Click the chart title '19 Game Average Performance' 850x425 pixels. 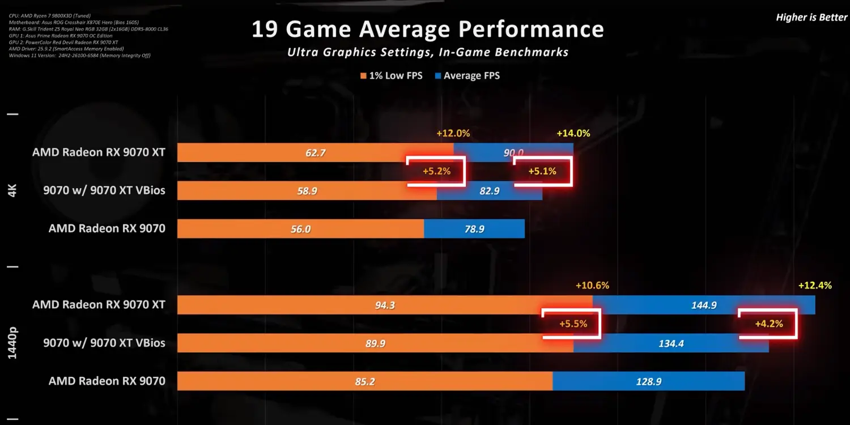point(428,29)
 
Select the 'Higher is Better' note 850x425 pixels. point(811,18)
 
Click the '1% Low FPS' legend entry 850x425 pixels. point(391,76)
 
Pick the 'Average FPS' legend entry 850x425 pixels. point(467,76)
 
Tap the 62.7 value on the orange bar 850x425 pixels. point(315,152)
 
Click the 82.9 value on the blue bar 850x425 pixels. point(490,191)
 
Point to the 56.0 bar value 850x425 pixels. point(300,229)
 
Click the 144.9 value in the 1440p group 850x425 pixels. point(704,305)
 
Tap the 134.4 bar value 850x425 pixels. point(671,343)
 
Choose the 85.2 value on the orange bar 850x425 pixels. point(365,381)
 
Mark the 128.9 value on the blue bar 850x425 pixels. point(648,381)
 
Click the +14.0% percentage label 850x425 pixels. point(573,134)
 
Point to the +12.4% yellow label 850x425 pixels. point(815,286)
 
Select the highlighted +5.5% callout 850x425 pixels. point(573,325)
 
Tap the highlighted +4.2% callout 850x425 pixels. point(769,324)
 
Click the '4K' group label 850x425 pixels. point(12,190)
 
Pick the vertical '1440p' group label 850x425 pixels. point(12,342)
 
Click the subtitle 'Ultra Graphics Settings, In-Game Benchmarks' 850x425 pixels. point(428,52)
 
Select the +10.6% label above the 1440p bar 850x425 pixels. point(592,286)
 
